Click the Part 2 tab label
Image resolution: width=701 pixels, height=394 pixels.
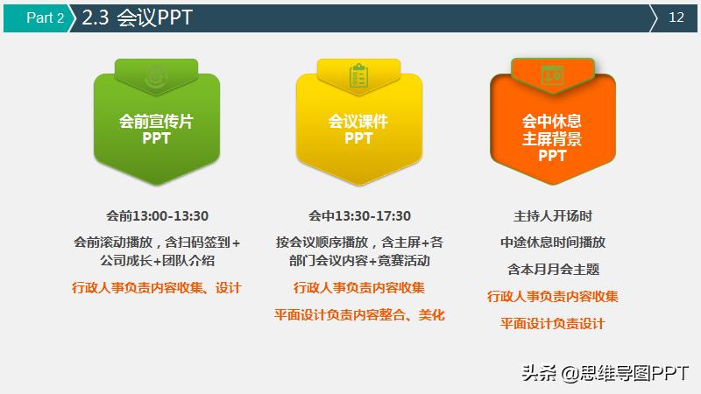pyautogui.click(x=45, y=18)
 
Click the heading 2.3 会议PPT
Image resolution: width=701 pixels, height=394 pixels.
pyautogui.click(x=138, y=18)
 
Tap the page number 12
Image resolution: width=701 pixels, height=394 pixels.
pyautogui.click(x=676, y=18)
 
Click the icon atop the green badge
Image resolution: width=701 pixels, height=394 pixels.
pyautogui.click(x=158, y=74)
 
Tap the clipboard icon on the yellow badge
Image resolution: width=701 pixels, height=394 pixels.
pyautogui.click(x=358, y=74)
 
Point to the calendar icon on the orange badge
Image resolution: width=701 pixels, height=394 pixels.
pyautogui.click(x=553, y=74)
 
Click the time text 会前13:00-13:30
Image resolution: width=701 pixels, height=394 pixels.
pyautogui.click(x=157, y=215)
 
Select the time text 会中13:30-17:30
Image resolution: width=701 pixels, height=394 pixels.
pyautogui.click(x=359, y=215)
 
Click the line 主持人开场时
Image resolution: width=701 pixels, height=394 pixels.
pyautogui.click(x=553, y=215)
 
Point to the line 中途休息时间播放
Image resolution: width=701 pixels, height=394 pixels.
pyautogui.click(x=553, y=243)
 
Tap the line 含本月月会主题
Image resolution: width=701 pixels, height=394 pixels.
pyautogui.click(x=553, y=270)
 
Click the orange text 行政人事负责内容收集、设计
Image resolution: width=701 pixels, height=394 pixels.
pyautogui.click(x=157, y=287)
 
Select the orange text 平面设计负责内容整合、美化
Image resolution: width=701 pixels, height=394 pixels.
pyautogui.click(x=359, y=314)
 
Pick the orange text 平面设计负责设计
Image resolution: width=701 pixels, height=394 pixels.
pyautogui.click(x=553, y=323)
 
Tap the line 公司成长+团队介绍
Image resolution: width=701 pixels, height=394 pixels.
pyautogui.click(x=158, y=261)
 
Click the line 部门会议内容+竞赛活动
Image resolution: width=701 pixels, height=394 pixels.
pyautogui.click(x=360, y=261)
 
